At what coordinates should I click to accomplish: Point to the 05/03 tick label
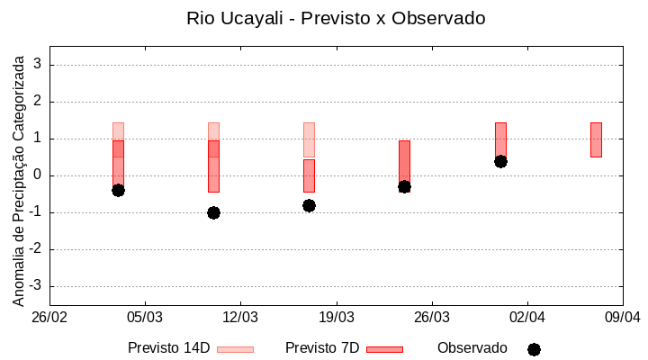(145, 318)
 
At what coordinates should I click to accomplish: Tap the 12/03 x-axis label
(240, 318)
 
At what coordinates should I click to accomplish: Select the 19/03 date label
(336, 318)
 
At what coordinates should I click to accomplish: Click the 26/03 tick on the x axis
(431, 318)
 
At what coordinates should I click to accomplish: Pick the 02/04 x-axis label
(526, 318)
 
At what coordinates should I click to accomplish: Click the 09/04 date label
(622, 318)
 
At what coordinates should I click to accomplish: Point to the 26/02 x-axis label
(49, 318)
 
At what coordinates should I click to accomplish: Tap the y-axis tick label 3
(39, 65)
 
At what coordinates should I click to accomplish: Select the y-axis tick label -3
(36, 286)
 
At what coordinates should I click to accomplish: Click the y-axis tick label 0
(39, 175)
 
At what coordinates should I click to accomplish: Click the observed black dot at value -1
(213, 212)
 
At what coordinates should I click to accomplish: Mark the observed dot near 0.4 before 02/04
(500, 161)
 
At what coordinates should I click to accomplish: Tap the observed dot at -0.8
(309, 205)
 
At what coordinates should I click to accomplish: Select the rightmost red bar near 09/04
(596, 139)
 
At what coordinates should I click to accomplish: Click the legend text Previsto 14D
(169, 348)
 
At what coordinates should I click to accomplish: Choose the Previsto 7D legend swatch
(384, 349)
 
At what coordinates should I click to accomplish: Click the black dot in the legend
(534, 349)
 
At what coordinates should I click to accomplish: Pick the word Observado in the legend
(472, 348)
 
